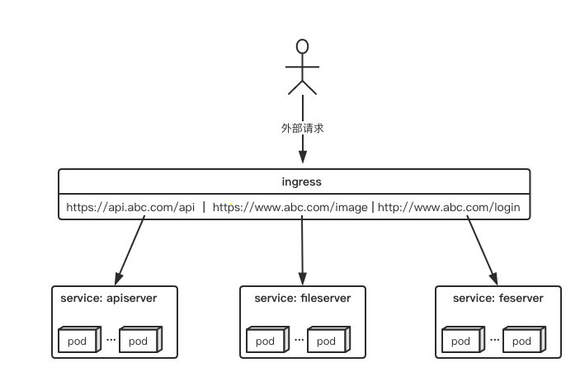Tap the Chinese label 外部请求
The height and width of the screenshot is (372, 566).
pyautogui.click(x=303, y=128)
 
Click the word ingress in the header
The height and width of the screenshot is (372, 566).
pyautogui.click(x=301, y=181)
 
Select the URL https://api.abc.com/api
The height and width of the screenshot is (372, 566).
pyautogui.click(x=130, y=208)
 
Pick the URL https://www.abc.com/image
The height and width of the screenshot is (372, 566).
pyautogui.click(x=290, y=208)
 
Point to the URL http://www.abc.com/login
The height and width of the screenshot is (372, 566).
pyautogui.click(x=449, y=208)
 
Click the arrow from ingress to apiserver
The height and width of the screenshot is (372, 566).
pyautogui.click(x=130, y=250)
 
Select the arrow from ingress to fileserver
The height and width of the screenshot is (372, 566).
pyautogui.click(x=303, y=250)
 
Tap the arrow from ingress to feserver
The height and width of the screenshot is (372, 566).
pyautogui.click(x=483, y=250)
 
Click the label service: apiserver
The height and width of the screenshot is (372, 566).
pyautogui.click(x=109, y=299)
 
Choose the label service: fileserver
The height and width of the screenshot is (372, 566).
pyautogui.click(x=303, y=299)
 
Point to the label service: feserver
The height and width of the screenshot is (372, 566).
pyautogui.click(x=498, y=299)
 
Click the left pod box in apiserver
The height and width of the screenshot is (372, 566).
pyautogui.click(x=79, y=340)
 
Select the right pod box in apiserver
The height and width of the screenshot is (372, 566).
pyautogui.click(x=141, y=340)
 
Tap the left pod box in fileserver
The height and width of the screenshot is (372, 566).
pyautogui.click(x=268, y=340)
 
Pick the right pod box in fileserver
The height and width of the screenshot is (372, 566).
pyautogui.click(x=329, y=340)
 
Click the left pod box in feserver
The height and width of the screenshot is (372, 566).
pyautogui.click(x=463, y=340)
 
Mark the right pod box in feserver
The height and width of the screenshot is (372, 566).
pyautogui.click(x=525, y=340)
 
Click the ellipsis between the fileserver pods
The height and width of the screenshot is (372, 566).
pyautogui.click(x=299, y=340)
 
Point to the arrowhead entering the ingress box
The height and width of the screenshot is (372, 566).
pyautogui.click(x=303, y=157)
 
